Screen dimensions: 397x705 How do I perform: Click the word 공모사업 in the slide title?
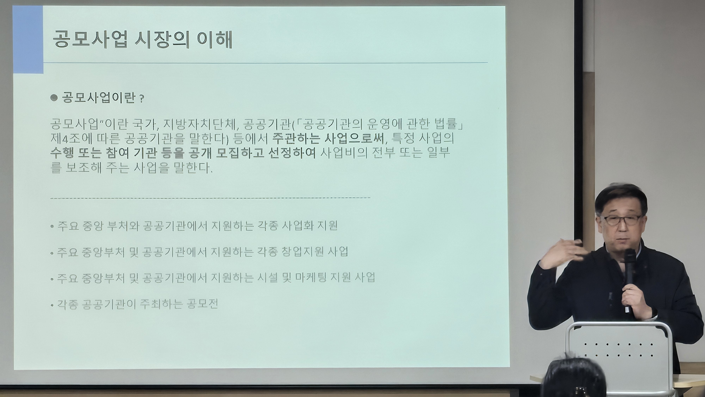(x=90, y=39)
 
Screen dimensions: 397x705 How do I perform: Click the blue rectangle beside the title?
(x=28, y=40)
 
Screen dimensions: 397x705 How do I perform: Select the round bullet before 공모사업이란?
(x=54, y=98)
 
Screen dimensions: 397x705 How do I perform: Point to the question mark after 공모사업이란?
(x=142, y=99)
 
